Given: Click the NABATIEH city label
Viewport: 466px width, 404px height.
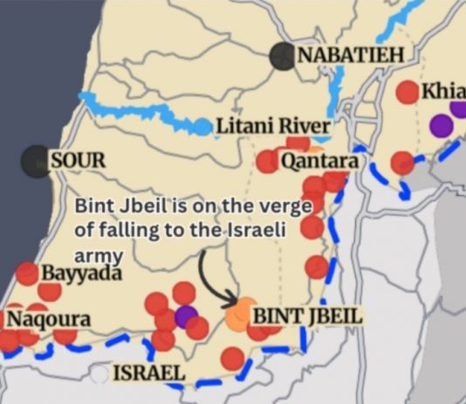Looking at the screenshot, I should click(351, 55).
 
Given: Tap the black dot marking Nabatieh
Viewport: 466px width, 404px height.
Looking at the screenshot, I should click(282, 56).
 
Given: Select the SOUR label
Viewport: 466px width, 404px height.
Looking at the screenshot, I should click(79, 160).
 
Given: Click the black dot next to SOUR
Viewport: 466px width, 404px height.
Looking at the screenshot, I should click(36, 160).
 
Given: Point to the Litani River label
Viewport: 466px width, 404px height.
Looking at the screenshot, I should click(273, 127).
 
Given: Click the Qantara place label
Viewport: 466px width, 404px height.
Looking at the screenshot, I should click(319, 162).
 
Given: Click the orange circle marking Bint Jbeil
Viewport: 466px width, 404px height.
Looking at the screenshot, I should click(236, 316).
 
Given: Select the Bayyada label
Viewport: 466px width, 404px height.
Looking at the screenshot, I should click(78, 272).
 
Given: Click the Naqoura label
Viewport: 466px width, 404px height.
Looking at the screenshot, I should click(49, 318).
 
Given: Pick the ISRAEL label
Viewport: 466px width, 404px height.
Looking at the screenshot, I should click(149, 374).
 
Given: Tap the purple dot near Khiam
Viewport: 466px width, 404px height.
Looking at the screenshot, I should click(442, 124).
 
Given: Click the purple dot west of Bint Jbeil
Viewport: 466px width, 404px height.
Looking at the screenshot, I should click(185, 316).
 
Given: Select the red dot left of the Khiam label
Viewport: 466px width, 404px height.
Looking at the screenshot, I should click(408, 90).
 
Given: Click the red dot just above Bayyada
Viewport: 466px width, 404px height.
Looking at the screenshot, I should click(27, 274).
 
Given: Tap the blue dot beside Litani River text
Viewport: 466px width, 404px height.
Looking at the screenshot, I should click(202, 128).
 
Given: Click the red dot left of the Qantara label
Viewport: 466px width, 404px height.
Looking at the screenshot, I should click(267, 162).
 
